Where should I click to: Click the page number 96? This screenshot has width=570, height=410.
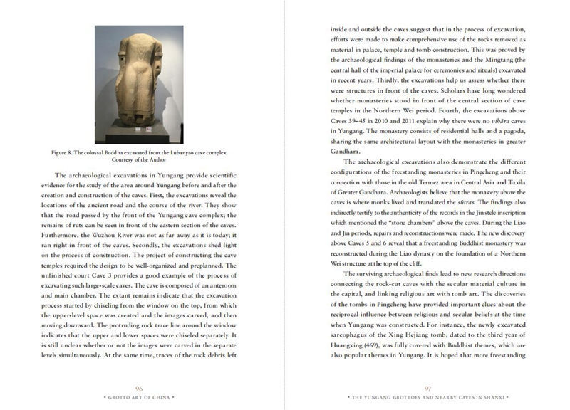140,387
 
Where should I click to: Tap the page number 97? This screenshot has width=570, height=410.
428,387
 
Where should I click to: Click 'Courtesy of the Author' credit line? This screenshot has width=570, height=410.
140,159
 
